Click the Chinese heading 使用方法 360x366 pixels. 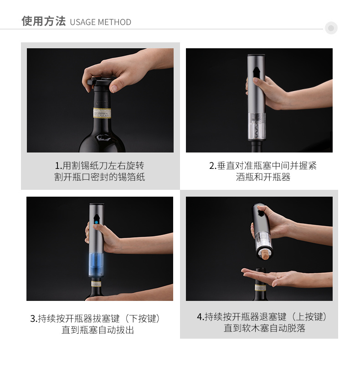click(x=44, y=21)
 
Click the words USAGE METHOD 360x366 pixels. click(x=100, y=22)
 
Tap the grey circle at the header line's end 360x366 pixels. click(x=331, y=28)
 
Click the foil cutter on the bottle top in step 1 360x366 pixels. click(x=100, y=81)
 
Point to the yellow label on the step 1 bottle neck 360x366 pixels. click(x=102, y=113)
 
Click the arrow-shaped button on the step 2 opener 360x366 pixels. click(x=256, y=72)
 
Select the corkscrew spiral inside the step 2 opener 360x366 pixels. click(x=257, y=126)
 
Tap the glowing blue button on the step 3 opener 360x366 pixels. click(x=96, y=226)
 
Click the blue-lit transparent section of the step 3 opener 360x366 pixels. click(x=96, y=264)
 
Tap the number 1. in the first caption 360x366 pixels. click(x=58, y=166)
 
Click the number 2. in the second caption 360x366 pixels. click(x=213, y=166)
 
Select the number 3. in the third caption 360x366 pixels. click(x=34, y=319)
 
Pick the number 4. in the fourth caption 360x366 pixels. click(x=200, y=317)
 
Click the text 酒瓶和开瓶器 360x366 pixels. click(x=263, y=177)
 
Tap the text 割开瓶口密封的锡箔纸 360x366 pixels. click(x=99, y=177)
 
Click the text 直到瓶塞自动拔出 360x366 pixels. click(x=98, y=330)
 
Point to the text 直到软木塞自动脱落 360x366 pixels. click(x=264, y=328)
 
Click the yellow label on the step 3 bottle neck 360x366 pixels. click(x=96, y=284)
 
